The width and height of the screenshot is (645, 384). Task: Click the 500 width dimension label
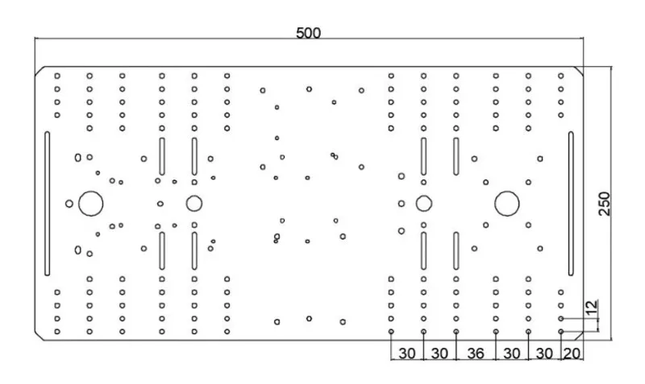click(x=308, y=33)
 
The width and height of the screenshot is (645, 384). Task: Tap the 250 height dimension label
click(x=605, y=204)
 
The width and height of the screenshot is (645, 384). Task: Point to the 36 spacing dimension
click(x=476, y=353)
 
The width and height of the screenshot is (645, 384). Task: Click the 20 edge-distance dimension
click(x=572, y=353)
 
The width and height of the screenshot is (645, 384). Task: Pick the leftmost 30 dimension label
click(x=406, y=353)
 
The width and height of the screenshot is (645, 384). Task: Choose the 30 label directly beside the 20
click(x=544, y=353)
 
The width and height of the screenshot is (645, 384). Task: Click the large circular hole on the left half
click(x=90, y=203)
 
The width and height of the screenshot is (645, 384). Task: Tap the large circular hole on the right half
click(x=506, y=203)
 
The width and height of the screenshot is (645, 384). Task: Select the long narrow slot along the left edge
click(x=47, y=203)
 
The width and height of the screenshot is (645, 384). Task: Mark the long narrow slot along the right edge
click(x=570, y=203)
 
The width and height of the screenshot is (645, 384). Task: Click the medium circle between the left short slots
click(x=193, y=203)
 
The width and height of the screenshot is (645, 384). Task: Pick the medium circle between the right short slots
click(x=422, y=203)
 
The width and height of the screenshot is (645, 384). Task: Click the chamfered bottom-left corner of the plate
click(x=39, y=334)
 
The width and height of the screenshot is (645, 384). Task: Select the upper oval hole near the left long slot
click(x=78, y=158)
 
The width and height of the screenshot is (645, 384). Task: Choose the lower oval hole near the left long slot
click(x=78, y=250)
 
